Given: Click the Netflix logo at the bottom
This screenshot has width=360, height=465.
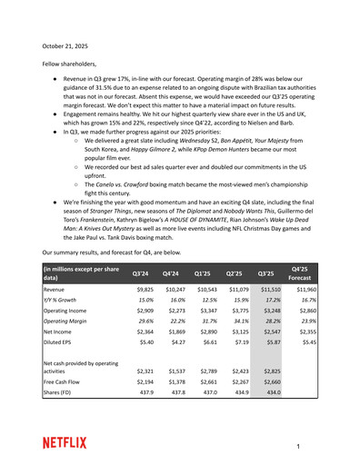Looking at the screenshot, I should pyautogui.click(x=65, y=442).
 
